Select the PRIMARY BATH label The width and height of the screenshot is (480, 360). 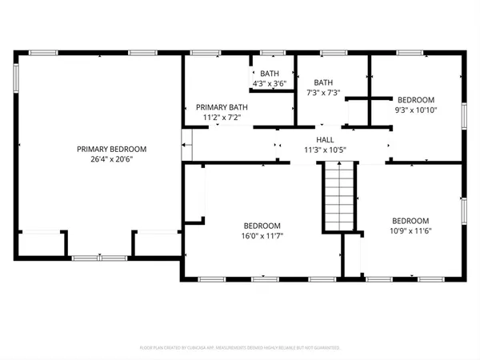pyautogui.click(x=222, y=107)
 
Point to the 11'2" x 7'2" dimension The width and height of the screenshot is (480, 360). pyautogui.click(x=222, y=118)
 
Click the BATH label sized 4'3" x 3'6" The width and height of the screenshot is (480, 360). pyautogui.click(x=269, y=74)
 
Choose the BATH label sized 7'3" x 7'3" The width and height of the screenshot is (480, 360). pyautogui.click(x=323, y=82)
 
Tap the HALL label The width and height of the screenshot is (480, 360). pyautogui.click(x=323, y=138)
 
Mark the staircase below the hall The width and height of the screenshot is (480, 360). pyautogui.click(x=337, y=197)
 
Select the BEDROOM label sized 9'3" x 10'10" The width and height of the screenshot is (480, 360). pyautogui.click(x=417, y=100)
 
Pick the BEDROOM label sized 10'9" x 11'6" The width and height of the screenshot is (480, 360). pyautogui.click(x=410, y=221)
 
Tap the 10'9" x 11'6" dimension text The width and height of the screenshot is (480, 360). pyautogui.click(x=410, y=231)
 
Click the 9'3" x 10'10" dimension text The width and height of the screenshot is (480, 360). pyautogui.click(x=417, y=110)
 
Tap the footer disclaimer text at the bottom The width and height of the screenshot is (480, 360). pyautogui.click(x=240, y=349)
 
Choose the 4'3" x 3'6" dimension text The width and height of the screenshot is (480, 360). pyautogui.click(x=269, y=83)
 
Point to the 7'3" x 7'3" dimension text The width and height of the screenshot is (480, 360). pyautogui.click(x=323, y=93)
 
